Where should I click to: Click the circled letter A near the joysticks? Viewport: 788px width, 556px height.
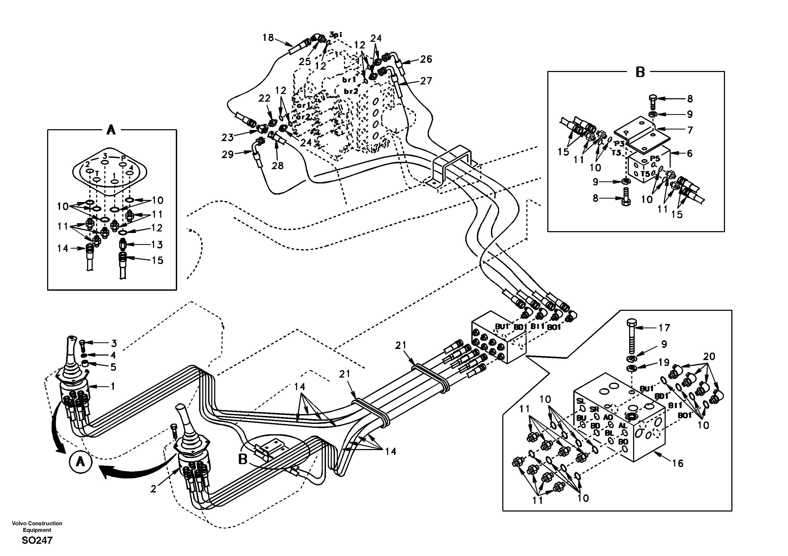click(80, 462)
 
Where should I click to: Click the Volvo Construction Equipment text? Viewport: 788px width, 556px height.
click(37, 527)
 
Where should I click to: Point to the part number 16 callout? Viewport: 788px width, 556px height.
click(678, 464)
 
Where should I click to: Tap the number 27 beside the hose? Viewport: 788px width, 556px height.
click(426, 81)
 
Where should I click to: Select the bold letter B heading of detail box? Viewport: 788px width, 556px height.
click(640, 73)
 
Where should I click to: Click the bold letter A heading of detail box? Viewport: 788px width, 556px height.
click(111, 131)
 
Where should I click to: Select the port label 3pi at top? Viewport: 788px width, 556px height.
click(336, 35)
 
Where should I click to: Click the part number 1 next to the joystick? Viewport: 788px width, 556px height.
click(113, 387)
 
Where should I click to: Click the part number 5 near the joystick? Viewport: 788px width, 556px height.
click(113, 367)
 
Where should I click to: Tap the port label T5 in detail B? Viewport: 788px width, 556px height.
click(645, 174)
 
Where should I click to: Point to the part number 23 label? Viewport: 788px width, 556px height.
click(227, 138)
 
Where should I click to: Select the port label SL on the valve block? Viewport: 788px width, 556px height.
click(580, 401)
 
